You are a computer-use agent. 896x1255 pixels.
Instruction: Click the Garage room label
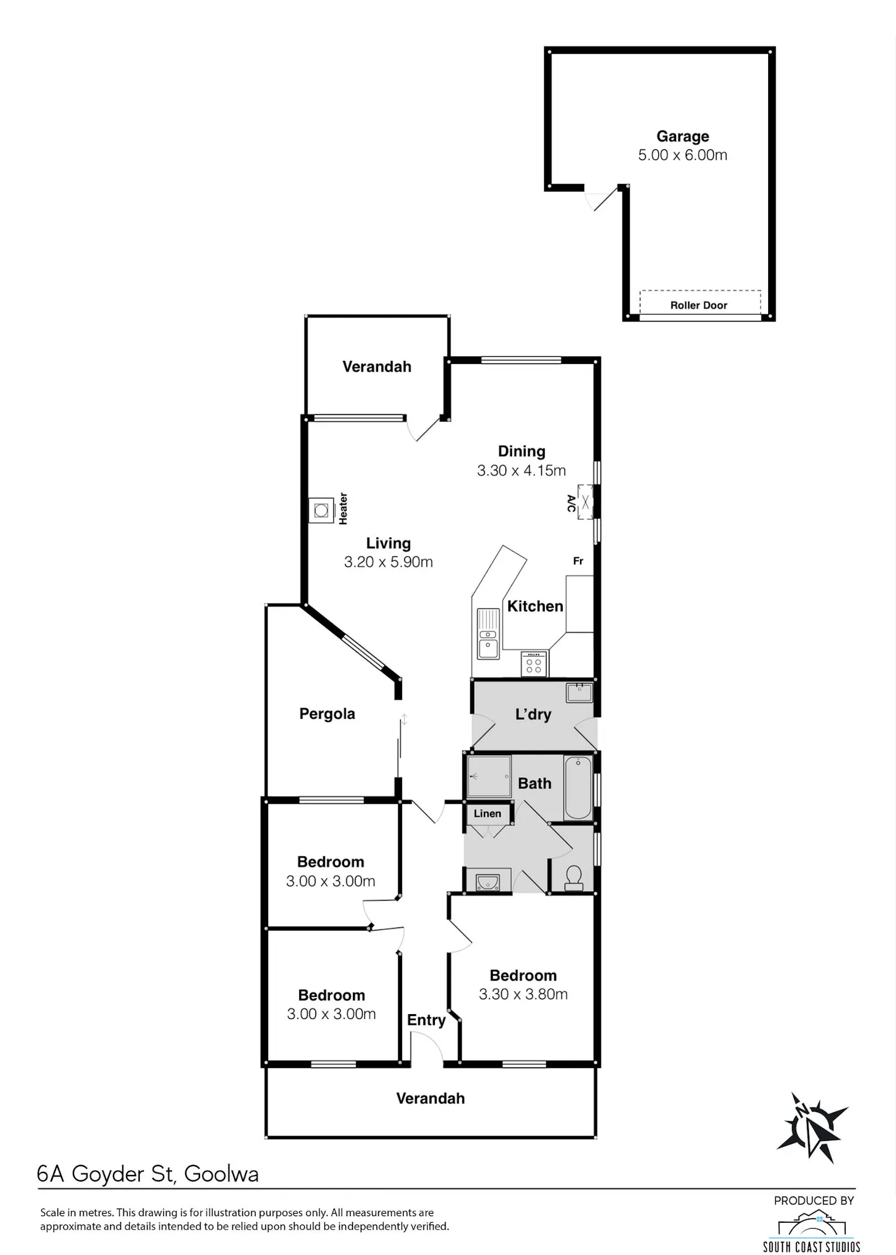tap(683, 137)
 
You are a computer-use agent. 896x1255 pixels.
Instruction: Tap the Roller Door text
tap(698, 305)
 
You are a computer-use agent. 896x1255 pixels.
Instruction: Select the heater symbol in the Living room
tap(321, 510)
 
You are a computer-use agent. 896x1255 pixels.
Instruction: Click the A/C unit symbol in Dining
tap(585, 503)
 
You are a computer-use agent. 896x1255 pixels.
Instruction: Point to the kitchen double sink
tap(488, 633)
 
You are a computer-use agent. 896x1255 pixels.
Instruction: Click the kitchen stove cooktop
tap(534, 663)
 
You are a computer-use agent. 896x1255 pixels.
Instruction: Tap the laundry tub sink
tap(579, 693)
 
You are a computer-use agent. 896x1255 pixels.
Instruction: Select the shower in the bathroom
tap(489, 777)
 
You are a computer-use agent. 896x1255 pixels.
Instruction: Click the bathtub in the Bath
tap(578, 788)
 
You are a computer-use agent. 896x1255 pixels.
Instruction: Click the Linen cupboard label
tap(487, 813)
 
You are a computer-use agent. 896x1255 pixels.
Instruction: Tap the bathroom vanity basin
tap(488, 882)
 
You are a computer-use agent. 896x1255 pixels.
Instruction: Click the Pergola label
tap(327, 714)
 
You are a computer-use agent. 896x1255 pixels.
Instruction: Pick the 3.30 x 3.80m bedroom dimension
tap(523, 994)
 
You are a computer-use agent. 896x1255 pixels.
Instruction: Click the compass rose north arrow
tap(811, 1127)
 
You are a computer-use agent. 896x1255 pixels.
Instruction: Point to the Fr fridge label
tap(578, 561)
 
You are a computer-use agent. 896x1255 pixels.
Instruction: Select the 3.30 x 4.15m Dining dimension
tap(521, 470)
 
